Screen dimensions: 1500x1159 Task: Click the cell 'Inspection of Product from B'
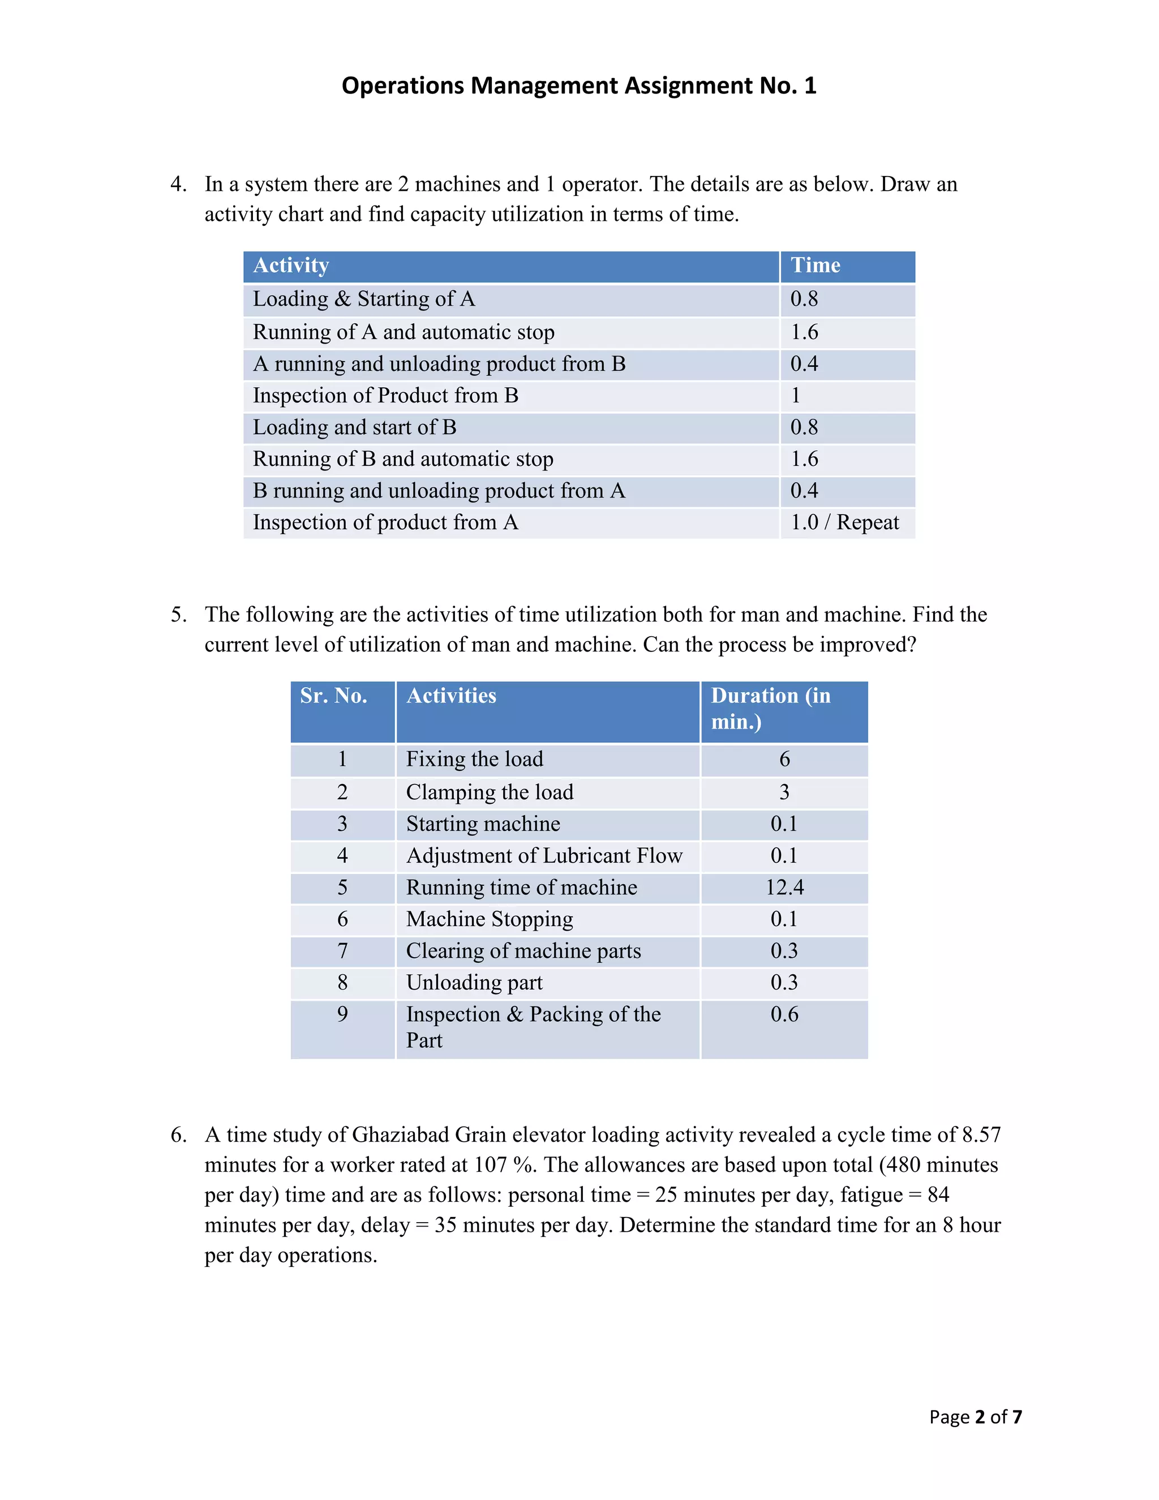385,396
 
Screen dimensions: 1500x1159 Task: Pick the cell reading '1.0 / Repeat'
844,522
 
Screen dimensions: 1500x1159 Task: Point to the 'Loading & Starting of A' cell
364,299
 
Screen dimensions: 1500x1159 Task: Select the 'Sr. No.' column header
334,696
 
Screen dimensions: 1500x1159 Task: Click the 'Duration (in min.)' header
770,709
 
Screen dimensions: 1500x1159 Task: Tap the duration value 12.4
784,888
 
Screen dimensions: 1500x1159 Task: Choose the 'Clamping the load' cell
490,792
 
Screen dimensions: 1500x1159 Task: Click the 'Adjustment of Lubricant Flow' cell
544,856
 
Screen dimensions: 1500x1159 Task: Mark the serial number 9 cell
342,1014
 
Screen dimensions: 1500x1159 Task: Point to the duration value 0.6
784,1014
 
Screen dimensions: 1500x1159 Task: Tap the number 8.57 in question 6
981,1134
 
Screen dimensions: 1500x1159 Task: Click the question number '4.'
178,184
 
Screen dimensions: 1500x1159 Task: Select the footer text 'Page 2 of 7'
975,1417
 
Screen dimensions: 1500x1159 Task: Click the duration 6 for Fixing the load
784,760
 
